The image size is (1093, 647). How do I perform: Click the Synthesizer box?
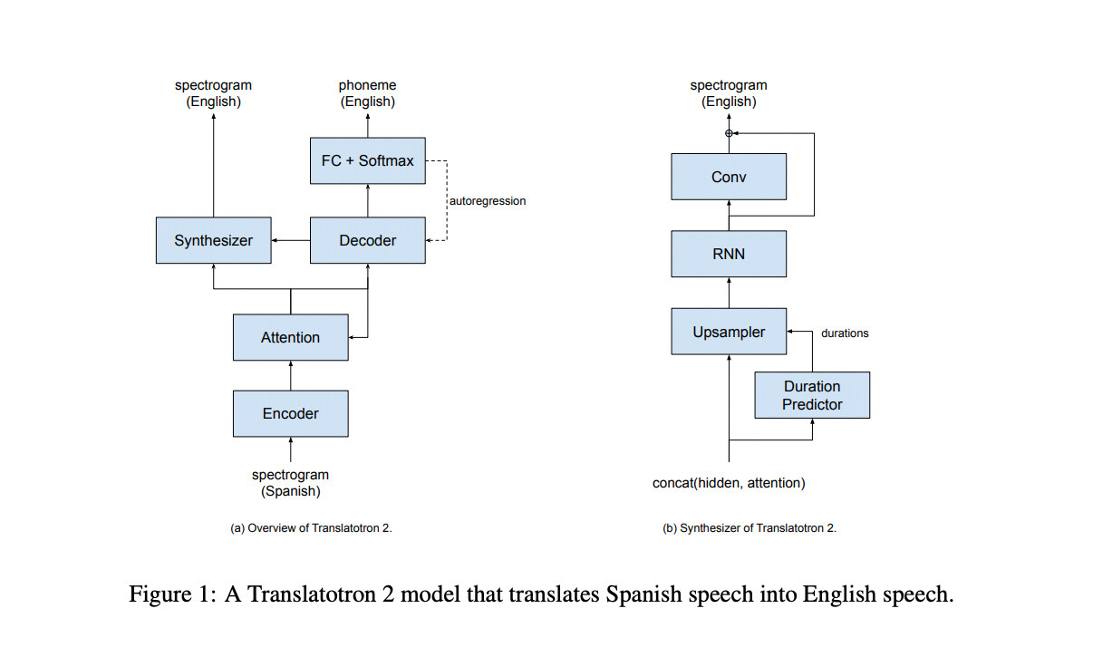(213, 240)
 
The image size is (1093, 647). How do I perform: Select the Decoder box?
(367, 240)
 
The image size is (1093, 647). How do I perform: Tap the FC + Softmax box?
(367, 160)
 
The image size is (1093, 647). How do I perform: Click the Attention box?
(290, 337)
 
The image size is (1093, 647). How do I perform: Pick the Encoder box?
(290, 413)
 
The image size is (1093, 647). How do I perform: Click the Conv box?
(729, 177)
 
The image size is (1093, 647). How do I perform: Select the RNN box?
(729, 254)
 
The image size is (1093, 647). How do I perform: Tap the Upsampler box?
(729, 332)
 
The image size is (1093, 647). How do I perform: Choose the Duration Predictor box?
(812, 395)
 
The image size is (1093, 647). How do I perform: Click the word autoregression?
(488, 200)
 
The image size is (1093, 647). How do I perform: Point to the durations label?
(845, 333)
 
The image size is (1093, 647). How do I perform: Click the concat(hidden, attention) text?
(729, 483)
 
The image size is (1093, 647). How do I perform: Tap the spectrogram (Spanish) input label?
(290, 483)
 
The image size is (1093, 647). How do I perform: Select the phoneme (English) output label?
(367, 93)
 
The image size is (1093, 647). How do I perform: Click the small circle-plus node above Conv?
(729, 133)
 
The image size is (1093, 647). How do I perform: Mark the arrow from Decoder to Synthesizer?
(290, 240)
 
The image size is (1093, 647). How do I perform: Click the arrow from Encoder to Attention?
(290, 375)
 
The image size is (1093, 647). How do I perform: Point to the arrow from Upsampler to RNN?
(729, 293)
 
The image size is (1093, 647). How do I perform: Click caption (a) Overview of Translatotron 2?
(311, 528)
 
